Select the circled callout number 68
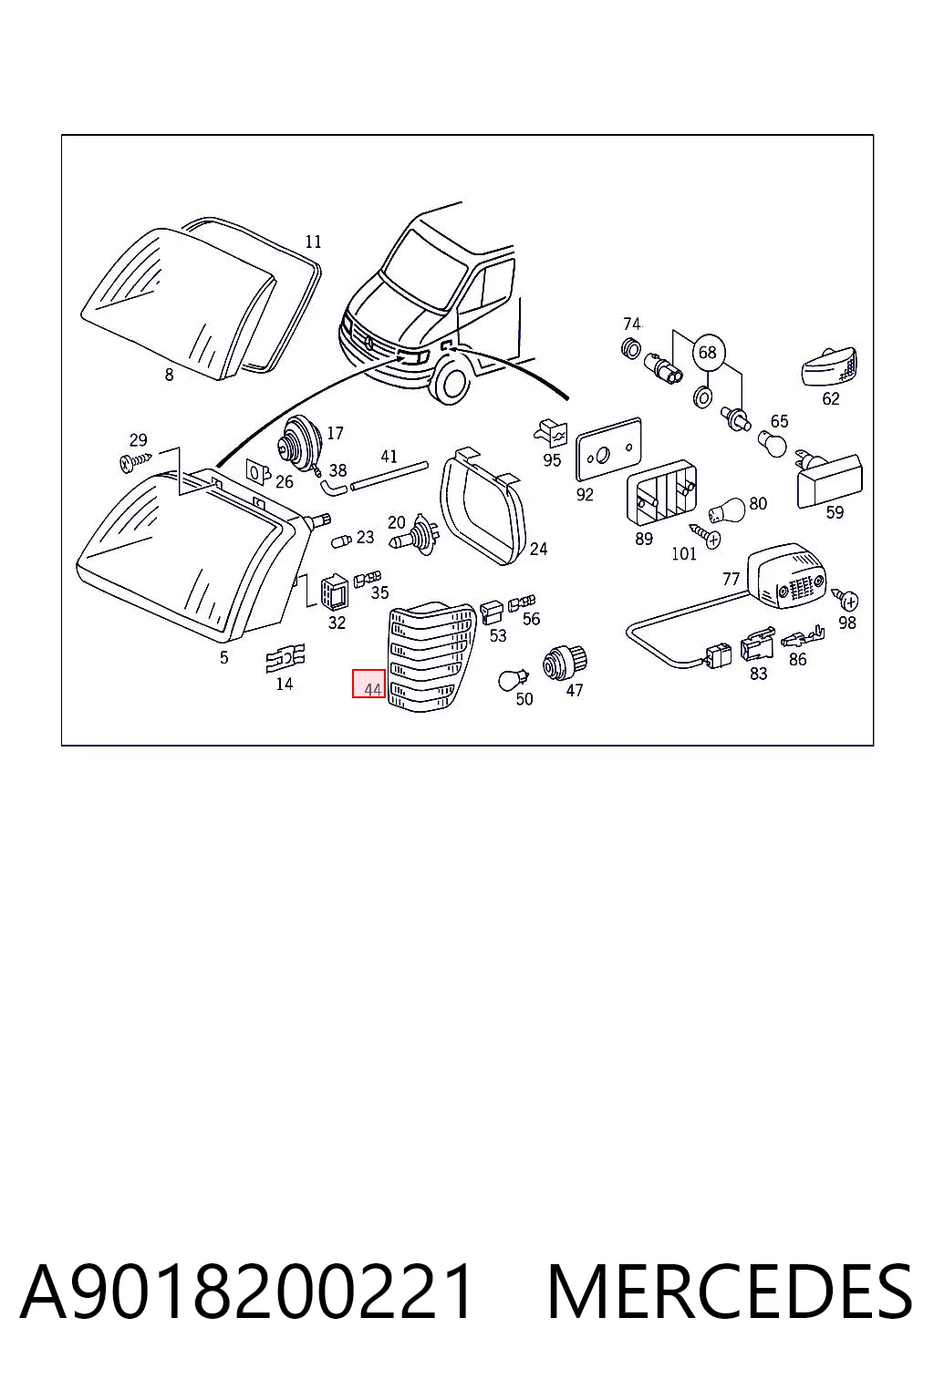click(708, 353)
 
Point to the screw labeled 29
click(135, 461)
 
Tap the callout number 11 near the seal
click(313, 242)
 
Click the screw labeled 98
click(845, 599)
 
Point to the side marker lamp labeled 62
click(829, 367)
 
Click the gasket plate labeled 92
click(608, 448)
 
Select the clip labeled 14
click(285, 657)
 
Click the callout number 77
click(731, 580)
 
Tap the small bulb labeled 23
click(342, 539)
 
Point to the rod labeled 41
click(389, 475)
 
